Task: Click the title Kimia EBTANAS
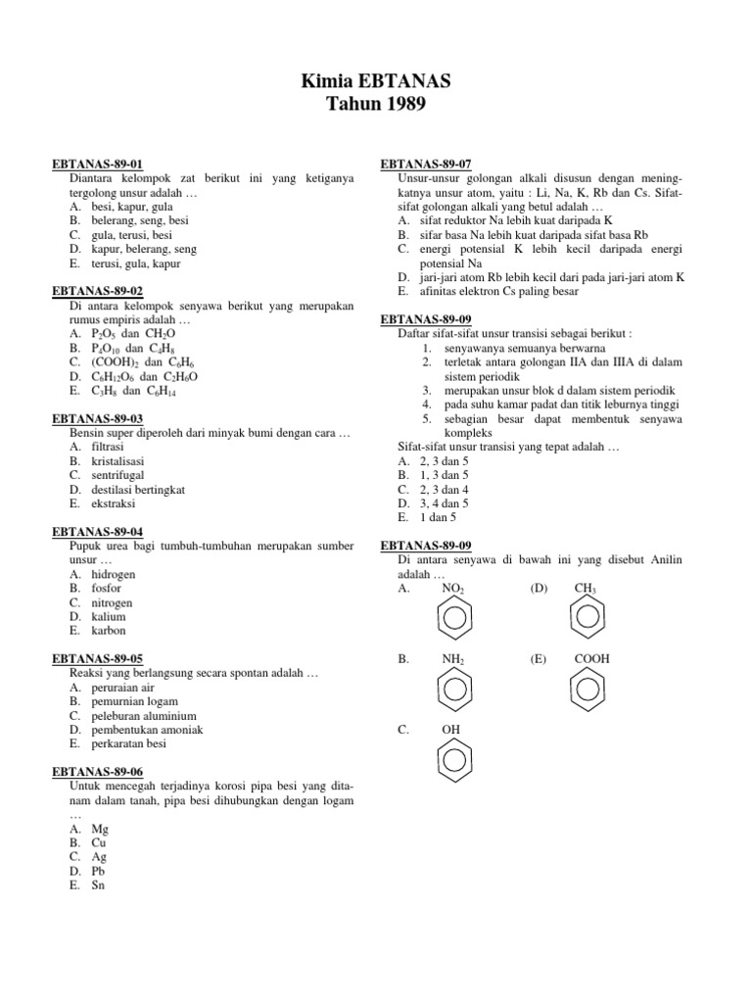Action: [376, 80]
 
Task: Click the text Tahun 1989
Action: [376, 104]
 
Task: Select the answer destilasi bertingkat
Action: [138, 489]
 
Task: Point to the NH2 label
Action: [453, 661]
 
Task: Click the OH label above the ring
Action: [451, 730]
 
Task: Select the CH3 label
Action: [586, 589]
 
